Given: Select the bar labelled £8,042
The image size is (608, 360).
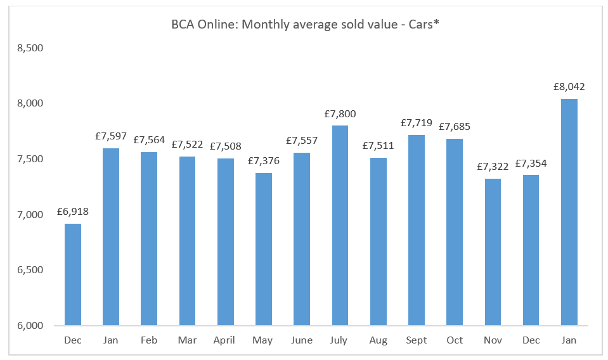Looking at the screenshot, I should pos(569,212).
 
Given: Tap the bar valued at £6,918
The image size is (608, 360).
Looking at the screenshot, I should pos(72,274).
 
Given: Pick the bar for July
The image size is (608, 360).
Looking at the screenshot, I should pos(340,226).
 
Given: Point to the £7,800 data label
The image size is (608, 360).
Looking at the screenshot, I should pos(340,114).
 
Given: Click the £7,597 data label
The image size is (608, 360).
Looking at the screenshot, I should pos(111,136).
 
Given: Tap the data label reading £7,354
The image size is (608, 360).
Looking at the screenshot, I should pos(531,164).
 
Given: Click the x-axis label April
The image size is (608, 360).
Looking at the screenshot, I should pos(225,340).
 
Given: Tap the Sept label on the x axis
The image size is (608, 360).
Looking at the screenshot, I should pos(417,340).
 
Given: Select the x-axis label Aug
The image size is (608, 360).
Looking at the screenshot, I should pos(378,340).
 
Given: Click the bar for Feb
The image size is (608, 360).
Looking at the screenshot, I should pos(149,239).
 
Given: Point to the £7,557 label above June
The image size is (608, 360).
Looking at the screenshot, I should pos(302,141).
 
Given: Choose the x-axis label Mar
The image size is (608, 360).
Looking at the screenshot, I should pos(187,340).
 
